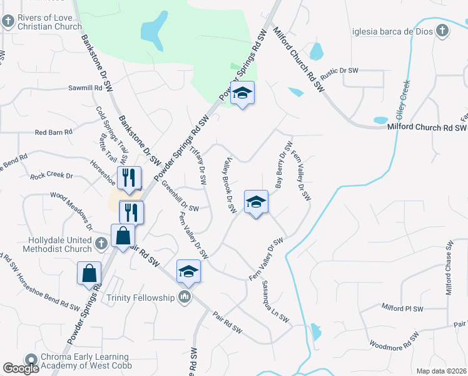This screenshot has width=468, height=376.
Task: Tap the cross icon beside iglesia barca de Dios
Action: click(x=442, y=31)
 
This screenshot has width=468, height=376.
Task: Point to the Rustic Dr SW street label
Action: click(x=339, y=74)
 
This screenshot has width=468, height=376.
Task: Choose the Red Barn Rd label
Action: click(x=54, y=132)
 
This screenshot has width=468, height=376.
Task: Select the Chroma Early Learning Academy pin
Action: click(x=31, y=360)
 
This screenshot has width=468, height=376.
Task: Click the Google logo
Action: click(x=21, y=368)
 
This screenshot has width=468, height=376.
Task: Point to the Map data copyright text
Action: click(x=442, y=371)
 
